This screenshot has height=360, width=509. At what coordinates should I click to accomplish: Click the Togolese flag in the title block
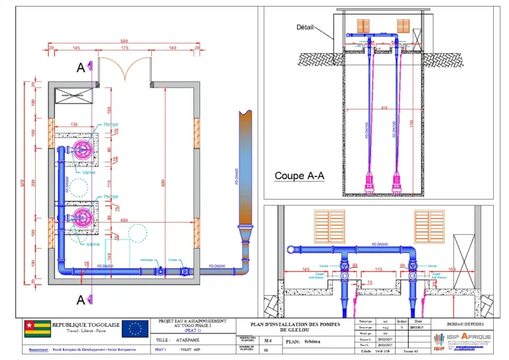pos(37,328)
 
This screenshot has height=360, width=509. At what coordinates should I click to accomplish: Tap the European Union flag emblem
pos(135,328)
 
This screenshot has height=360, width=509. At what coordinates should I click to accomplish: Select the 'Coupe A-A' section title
pos(299,176)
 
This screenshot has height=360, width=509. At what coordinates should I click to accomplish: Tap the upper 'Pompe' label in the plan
pos(111,125)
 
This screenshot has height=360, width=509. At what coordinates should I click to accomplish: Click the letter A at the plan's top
pos(81,67)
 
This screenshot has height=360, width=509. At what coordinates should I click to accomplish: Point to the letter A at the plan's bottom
pos(81,300)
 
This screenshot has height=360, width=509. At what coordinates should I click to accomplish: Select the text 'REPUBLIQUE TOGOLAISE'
pos(86,324)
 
